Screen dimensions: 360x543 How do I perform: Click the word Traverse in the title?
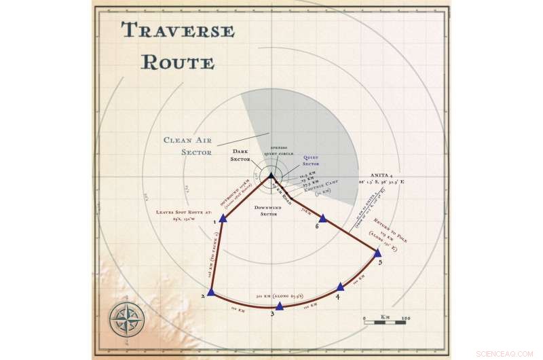coord(178,31)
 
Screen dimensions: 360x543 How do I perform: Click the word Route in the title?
coord(178,62)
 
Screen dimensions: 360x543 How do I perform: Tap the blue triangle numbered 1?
coord(223,219)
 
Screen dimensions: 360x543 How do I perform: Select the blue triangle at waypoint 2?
coord(211,292)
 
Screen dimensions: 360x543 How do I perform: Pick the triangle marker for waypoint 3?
coord(279,306)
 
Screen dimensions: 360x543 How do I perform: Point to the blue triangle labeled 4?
coord(340,287)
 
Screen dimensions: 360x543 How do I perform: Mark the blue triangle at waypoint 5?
coord(378,253)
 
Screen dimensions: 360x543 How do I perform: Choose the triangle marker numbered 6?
coord(323,218)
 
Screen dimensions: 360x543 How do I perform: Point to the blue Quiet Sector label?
coord(310,161)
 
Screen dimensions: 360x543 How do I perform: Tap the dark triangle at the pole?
coord(271,176)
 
